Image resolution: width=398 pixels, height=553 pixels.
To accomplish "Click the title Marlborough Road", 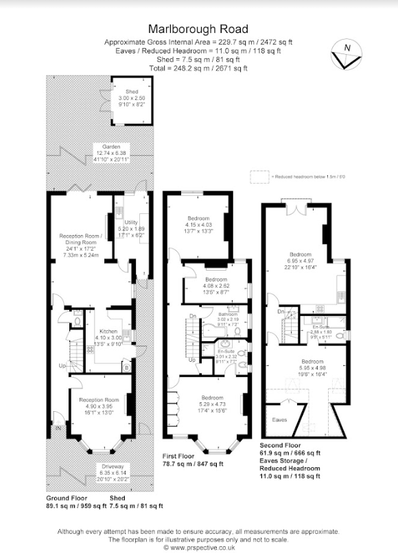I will [198, 29].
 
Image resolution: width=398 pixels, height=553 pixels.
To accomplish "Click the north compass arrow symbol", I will [345, 54].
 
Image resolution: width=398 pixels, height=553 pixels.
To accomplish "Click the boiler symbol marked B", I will [126, 367].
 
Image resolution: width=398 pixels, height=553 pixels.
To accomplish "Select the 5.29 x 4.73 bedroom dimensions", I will [212, 404].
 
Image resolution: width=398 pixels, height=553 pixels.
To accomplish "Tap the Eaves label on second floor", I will [280, 419].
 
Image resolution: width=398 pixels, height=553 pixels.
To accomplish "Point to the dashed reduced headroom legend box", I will [259, 176].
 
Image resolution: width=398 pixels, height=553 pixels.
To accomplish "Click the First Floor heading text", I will [184, 455].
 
